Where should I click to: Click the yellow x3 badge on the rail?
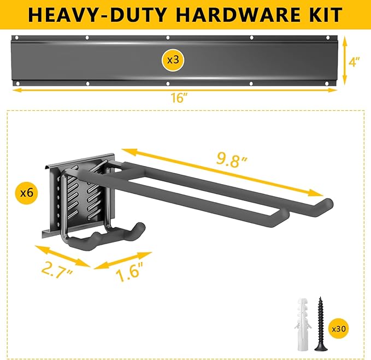pos(172,60)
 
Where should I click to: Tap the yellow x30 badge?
pos(339,329)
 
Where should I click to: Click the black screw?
pos(319,322)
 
